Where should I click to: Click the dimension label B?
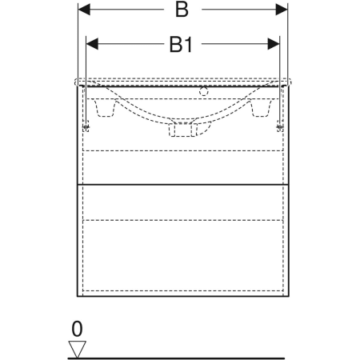[182, 10]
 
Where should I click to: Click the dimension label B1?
[181, 45]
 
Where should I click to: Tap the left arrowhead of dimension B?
[84, 10]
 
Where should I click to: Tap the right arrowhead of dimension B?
[282, 10]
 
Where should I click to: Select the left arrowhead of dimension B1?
[92, 44]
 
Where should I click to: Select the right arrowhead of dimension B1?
[274, 44]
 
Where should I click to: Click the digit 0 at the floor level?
[77, 329]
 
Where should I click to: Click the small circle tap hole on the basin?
[203, 91]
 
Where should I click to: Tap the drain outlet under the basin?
[182, 130]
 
